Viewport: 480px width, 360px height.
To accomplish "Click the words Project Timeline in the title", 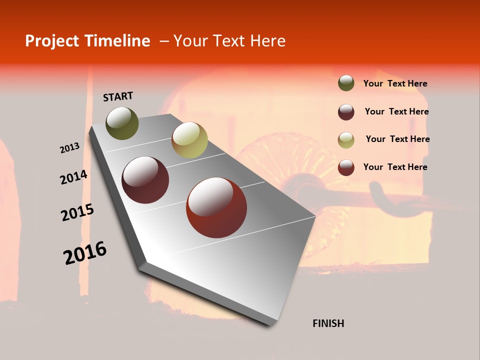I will [87, 41].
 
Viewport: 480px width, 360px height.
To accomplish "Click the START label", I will [118, 96].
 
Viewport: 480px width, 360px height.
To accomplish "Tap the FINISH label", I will [328, 323].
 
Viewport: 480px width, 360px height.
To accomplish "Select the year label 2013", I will [69, 148].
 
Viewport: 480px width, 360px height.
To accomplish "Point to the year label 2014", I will [73, 177].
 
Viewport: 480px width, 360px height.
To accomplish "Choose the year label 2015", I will [77, 212].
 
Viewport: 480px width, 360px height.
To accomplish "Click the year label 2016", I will [85, 252].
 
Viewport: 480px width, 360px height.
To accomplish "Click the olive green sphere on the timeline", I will [122, 123].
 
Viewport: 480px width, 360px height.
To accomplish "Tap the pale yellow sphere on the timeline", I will [189, 139].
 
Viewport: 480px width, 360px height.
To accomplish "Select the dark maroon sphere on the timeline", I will [145, 180].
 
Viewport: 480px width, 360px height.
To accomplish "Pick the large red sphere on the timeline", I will [216, 207].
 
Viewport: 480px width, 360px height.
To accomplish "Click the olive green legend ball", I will [346, 83].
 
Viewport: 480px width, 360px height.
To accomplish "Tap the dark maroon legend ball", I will [346, 112].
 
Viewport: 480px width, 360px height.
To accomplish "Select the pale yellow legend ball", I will [346, 140].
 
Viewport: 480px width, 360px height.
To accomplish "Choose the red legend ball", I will [346, 167].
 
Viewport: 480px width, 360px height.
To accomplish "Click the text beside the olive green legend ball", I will [395, 84].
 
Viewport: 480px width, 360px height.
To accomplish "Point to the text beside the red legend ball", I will [395, 167].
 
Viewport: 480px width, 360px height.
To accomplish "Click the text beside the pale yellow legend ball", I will [397, 139].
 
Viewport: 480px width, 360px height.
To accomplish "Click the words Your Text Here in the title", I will [229, 41].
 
